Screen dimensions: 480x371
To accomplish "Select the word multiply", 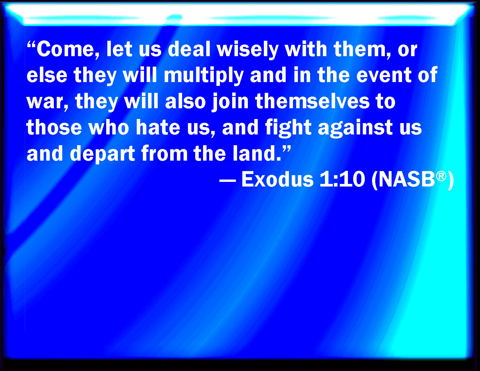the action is point(204,76).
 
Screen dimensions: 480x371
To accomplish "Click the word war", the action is point(47,102).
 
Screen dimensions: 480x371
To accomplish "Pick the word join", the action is point(230,102).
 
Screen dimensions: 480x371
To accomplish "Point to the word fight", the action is point(288,129).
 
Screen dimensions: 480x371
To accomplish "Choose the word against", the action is point(355,129).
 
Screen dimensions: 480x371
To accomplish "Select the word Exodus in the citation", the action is point(278,179).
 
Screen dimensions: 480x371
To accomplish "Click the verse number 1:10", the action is point(342,179).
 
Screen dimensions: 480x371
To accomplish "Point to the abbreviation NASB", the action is point(407,179).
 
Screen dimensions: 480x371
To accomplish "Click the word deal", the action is point(189,49).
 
